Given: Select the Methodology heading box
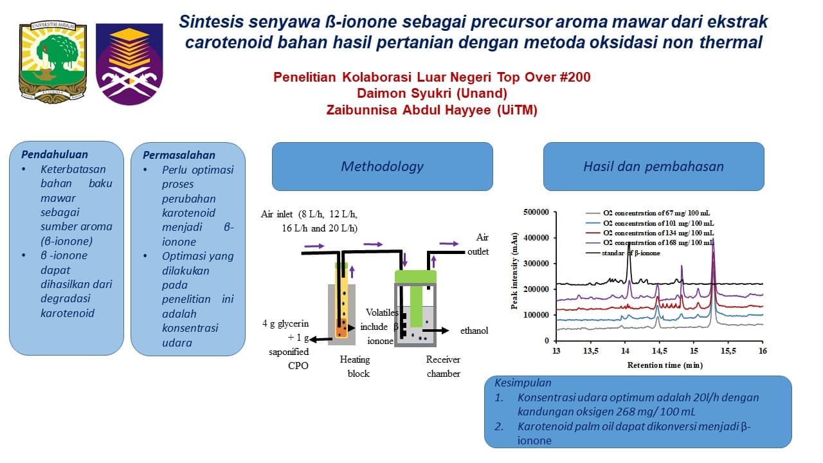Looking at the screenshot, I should pyautogui.click(x=382, y=167).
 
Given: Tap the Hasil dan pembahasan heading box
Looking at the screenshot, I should pyautogui.click(x=653, y=167).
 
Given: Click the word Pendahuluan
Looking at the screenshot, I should pyautogui.click(x=55, y=154).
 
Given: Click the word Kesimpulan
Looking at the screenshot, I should pyautogui.click(x=523, y=383).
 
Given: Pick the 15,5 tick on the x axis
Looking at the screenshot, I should pyautogui.click(x=728, y=351).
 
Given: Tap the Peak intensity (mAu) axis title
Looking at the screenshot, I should pyautogui.click(x=515, y=276).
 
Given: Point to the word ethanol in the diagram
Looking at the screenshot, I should pyautogui.click(x=474, y=331).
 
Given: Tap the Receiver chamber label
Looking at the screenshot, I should pyautogui.click(x=443, y=367).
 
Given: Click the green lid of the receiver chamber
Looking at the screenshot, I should pyautogui.click(x=415, y=276).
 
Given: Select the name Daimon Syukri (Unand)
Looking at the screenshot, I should pyautogui.click(x=431, y=94).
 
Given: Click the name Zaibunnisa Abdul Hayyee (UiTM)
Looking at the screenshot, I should pyautogui.click(x=431, y=110).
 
